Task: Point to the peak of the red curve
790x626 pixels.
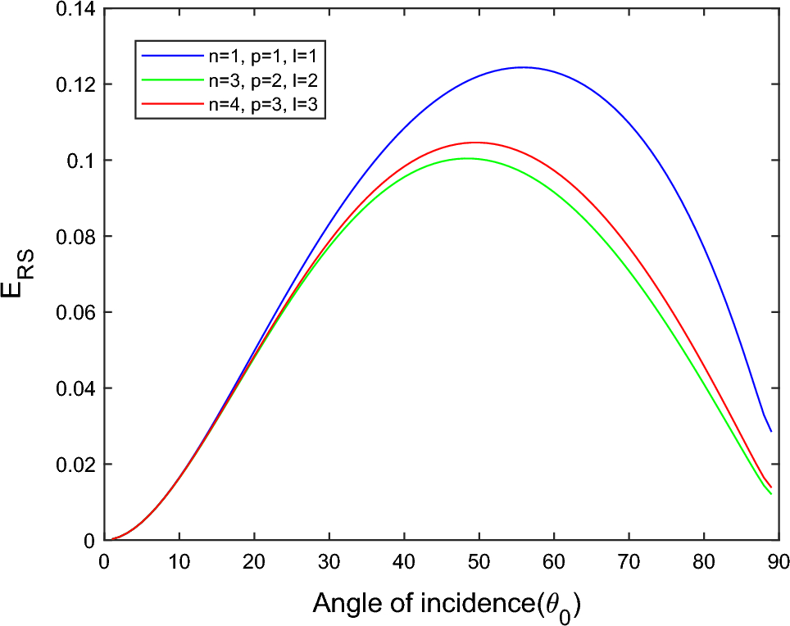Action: click(x=475, y=143)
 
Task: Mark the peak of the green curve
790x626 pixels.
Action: click(x=467, y=158)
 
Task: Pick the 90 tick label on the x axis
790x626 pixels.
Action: click(x=778, y=561)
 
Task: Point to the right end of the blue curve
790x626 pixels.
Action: click(x=770, y=431)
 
